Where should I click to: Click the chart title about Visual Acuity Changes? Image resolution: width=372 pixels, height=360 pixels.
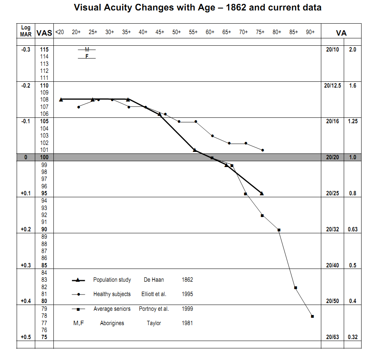(197, 8)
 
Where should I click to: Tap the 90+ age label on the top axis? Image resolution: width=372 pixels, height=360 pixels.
(310, 33)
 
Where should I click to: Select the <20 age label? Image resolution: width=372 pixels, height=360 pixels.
(60, 33)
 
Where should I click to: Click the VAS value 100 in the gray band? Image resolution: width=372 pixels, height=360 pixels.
(44, 157)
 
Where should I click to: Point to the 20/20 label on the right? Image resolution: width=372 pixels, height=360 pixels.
(333, 157)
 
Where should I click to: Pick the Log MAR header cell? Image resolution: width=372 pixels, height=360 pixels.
(26, 31)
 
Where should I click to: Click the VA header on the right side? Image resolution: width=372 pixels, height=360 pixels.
(341, 33)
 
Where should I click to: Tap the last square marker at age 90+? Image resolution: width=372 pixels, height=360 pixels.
(312, 316)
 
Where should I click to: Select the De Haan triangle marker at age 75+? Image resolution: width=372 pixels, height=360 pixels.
(262, 193)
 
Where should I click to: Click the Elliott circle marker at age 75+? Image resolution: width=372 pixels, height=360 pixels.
(263, 150)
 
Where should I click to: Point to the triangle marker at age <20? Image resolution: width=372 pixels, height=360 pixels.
(61, 100)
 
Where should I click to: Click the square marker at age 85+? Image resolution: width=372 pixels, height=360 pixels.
(295, 288)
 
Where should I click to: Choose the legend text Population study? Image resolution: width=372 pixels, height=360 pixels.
(112, 280)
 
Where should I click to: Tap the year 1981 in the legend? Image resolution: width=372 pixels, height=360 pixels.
(187, 323)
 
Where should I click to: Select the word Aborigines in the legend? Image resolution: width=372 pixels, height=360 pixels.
(112, 323)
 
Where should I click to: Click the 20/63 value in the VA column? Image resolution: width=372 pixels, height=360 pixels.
(333, 337)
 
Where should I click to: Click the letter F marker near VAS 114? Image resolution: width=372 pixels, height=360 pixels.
(87, 56)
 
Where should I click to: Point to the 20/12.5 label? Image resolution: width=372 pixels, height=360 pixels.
(333, 85)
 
